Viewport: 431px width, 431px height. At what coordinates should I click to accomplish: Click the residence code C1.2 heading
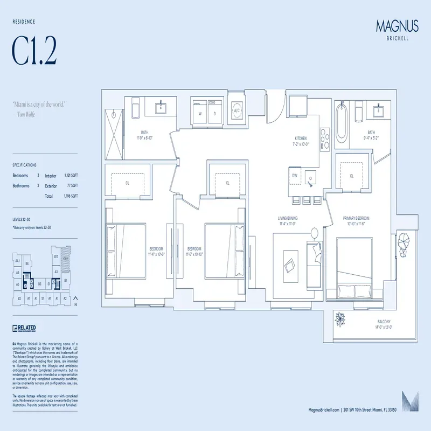tap(34, 51)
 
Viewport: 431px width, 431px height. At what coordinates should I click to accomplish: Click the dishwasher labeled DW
tap(295, 176)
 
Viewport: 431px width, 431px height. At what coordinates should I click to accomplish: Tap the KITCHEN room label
tap(300, 138)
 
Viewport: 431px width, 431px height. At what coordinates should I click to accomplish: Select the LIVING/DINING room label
tap(288, 218)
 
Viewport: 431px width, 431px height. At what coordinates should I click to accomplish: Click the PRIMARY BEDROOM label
tap(356, 218)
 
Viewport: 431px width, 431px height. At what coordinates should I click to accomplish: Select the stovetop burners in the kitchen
tap(325, 138)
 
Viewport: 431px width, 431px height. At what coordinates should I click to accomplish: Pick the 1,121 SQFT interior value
tap(71, 176)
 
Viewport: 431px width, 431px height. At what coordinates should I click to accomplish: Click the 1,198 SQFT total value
tap(71, 197)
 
